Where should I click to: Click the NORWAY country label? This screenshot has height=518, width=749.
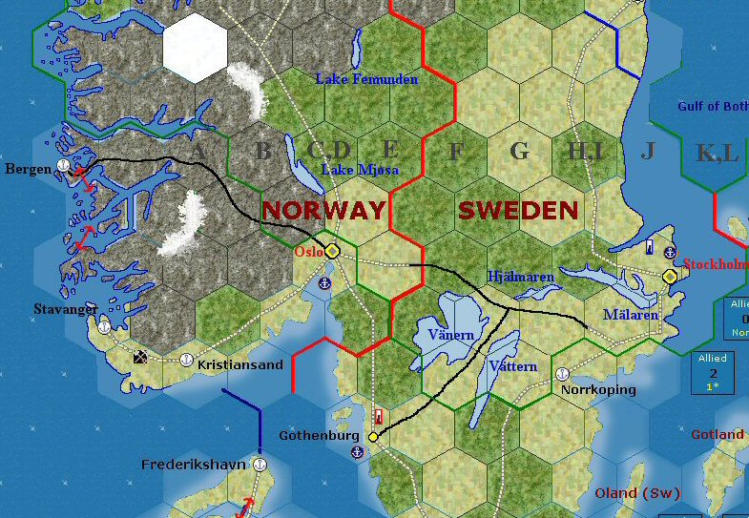point(323,210)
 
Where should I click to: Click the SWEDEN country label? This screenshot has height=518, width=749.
point(518,210)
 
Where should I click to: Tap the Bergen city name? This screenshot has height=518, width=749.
point(28,169)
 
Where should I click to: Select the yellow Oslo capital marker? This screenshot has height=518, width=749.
point(332,251)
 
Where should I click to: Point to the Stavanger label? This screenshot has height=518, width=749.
point(65,309)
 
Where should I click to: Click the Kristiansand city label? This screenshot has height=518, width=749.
point(239,365)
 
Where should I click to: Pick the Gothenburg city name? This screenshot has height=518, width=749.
point(319,436)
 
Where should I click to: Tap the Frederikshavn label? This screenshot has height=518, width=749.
point(194,466)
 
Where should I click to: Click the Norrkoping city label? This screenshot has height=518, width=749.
point(598,389)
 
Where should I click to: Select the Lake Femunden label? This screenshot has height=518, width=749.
point(366,79)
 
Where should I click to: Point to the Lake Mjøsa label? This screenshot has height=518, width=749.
point(360,170)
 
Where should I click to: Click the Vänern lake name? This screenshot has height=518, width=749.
point(451,335)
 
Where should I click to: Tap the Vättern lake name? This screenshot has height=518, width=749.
point(512,366)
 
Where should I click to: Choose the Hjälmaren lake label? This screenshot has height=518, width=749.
point(520,277)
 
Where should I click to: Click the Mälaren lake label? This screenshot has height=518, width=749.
point(630,315)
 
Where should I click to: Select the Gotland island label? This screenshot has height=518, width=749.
point(717,435)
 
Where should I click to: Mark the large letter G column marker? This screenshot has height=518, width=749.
point(519,151)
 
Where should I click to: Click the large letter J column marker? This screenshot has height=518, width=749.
point(649,150)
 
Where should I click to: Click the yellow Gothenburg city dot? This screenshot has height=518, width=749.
point(373,437)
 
